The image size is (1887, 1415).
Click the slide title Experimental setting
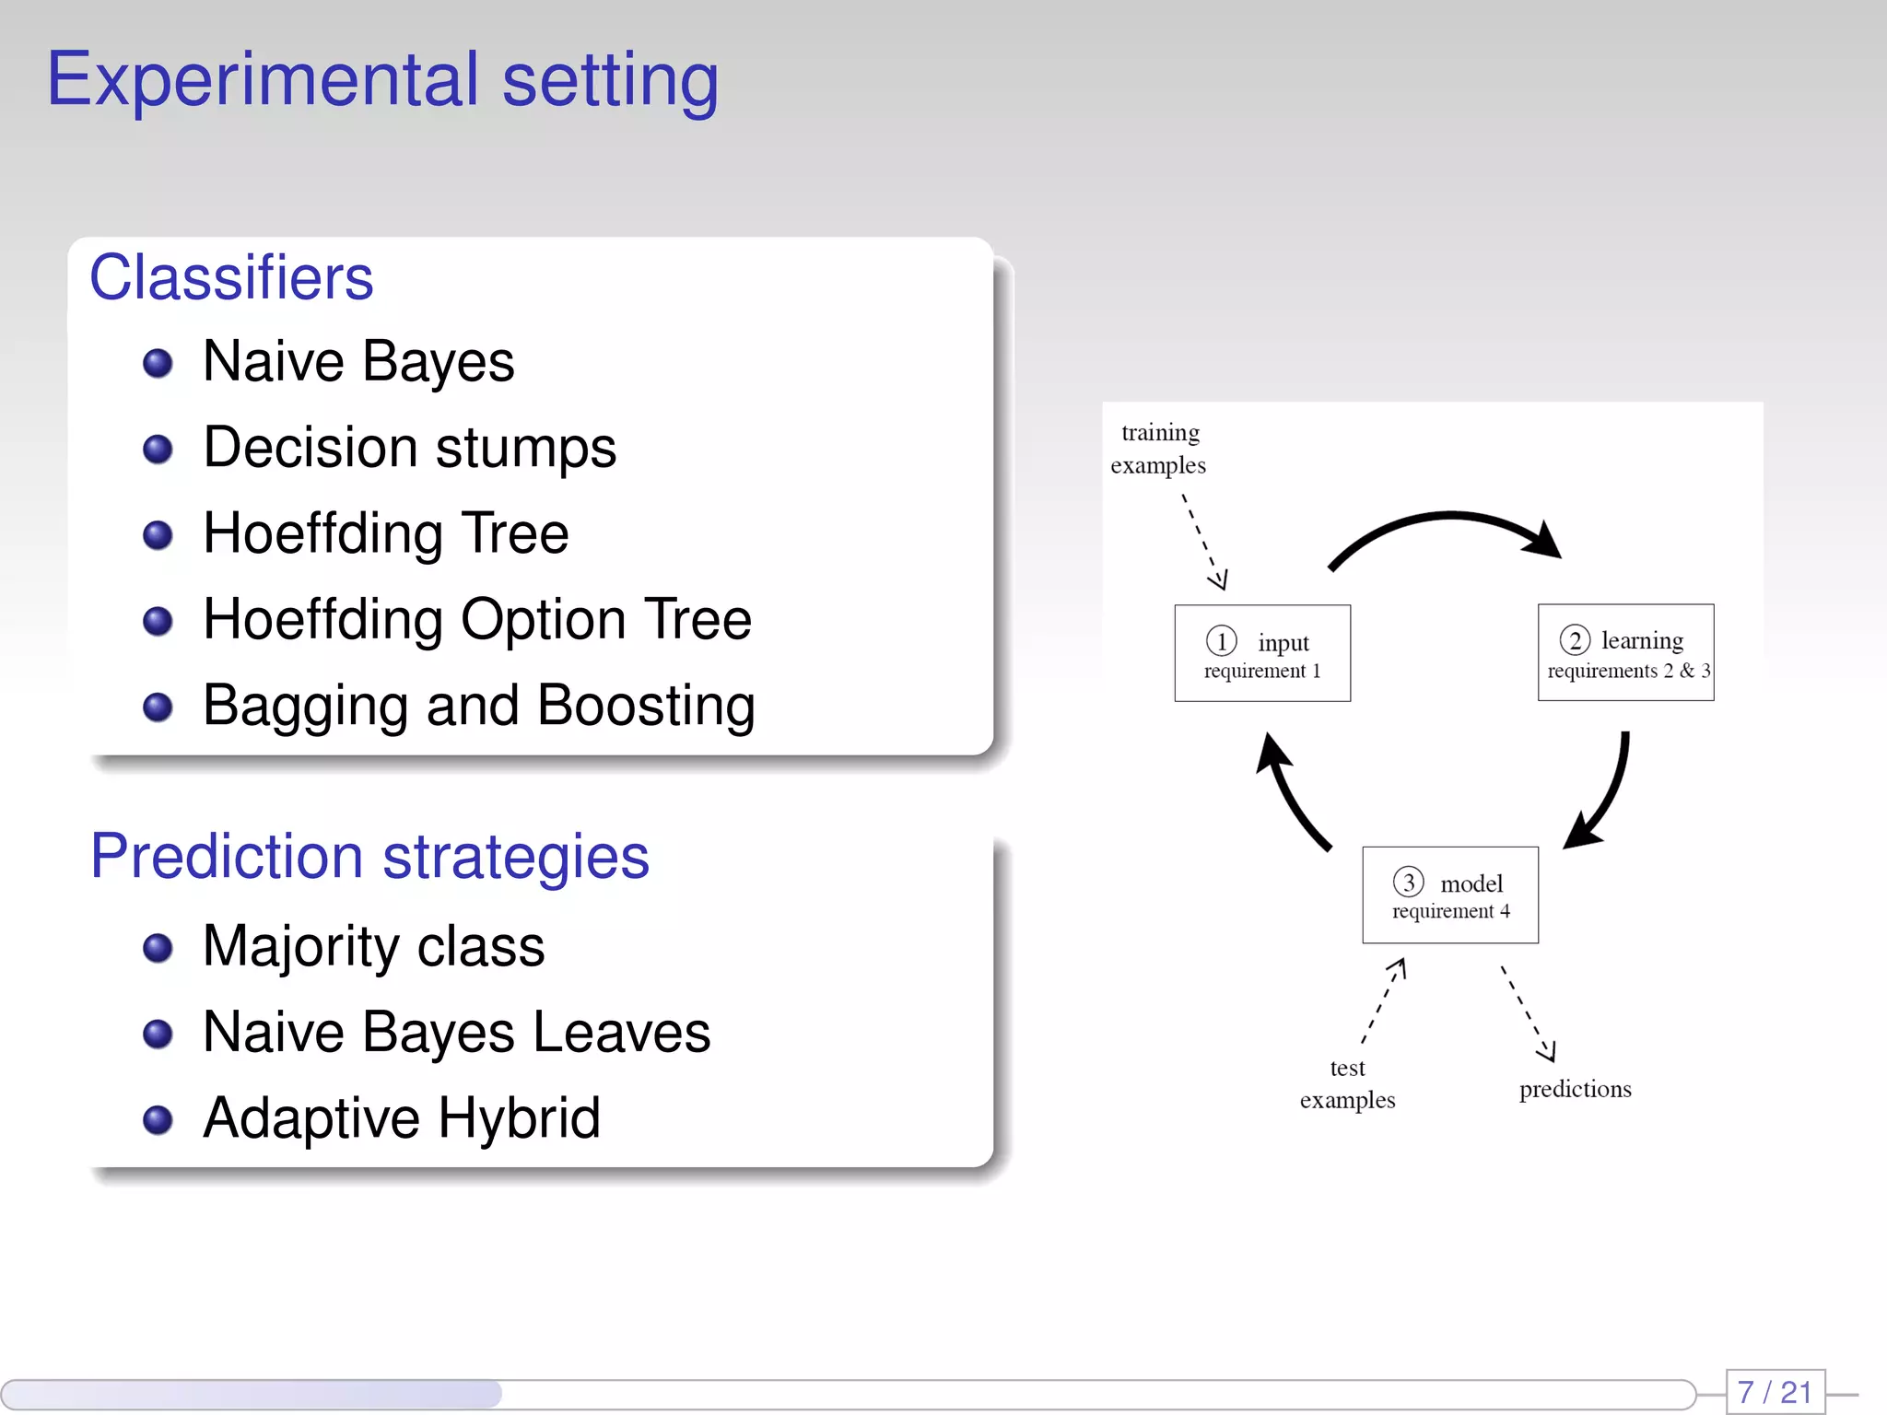click(382, 80)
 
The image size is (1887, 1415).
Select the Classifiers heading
click(231, 277)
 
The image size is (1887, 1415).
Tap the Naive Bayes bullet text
click(357, 361)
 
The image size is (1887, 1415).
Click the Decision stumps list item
click(409, 448)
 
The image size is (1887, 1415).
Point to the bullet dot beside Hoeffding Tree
click(158, 535)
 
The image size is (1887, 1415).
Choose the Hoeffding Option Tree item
click(476, 619)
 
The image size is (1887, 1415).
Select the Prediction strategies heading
click(369, 856)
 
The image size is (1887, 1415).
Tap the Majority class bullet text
click(373, 946)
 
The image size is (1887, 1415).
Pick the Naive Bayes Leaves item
click(456, 1032)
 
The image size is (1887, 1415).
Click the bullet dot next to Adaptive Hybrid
click(158, 1119)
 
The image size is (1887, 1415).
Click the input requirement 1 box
click(1262, 653)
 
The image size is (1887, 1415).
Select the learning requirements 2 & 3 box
click(1625, 652)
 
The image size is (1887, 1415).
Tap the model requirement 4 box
click(1450, 895)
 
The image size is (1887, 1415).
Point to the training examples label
click(1158, 449)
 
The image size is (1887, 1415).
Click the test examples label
click(1347, 1083)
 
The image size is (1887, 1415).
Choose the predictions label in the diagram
click(1575, 1089)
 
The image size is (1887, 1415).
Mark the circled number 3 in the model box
click(1408, 882)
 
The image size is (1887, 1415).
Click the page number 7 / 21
click(1775, 1391)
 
